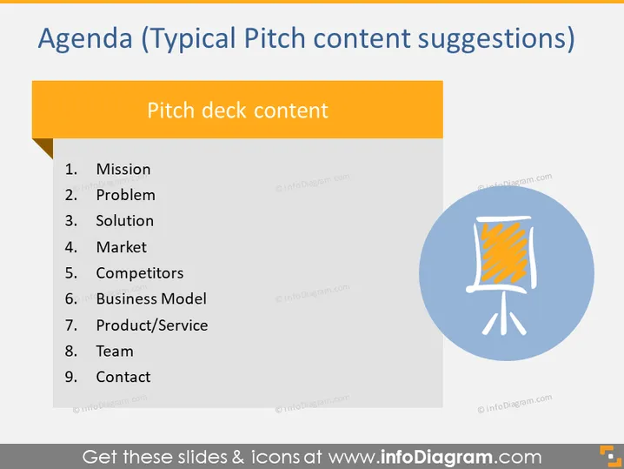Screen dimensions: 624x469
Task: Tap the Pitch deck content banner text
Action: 237,111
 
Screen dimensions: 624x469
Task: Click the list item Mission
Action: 123,170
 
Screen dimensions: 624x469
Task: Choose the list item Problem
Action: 126,195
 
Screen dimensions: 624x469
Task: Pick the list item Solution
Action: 125,221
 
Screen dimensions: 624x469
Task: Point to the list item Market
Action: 122,247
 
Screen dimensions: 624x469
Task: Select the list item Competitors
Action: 140,273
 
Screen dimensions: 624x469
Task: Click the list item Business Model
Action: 151,299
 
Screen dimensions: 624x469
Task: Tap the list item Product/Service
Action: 152,325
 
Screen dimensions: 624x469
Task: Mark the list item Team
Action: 115,352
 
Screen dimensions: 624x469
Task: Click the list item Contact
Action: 123,378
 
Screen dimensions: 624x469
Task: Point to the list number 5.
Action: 71,273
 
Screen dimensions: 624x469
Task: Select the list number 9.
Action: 71,378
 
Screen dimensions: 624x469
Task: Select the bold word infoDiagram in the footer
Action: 436,457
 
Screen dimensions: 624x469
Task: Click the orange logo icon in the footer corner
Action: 610,456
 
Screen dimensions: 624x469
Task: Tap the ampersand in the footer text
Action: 237,457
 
